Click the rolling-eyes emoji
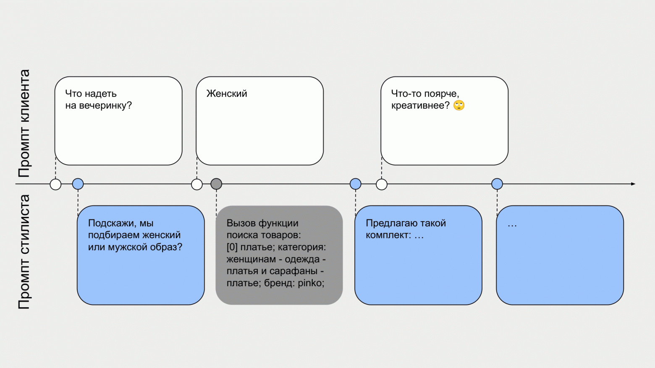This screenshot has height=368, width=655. [x=459, y=105]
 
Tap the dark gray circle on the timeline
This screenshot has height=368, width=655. [x=216, y=184]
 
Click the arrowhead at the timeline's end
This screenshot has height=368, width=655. [x=633, y=184]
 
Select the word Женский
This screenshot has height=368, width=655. [x=227, y=94]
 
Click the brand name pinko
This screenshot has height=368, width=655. [x=311, y=283]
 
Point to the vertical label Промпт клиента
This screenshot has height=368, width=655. [x=24, y=123]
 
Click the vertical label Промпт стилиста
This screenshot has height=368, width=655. [x=24, y=252]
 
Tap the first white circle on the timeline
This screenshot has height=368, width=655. [x=55, y=185]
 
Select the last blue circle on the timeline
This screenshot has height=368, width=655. [x=497, y=184]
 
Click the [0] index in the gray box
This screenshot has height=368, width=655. [x=232, y=247]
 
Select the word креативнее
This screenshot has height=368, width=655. [x=420, y=105]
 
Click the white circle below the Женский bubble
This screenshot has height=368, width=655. [x=197, y=185]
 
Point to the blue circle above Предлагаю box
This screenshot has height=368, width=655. [x=356, y=184]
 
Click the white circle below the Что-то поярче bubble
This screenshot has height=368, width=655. [x=382, y=185]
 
